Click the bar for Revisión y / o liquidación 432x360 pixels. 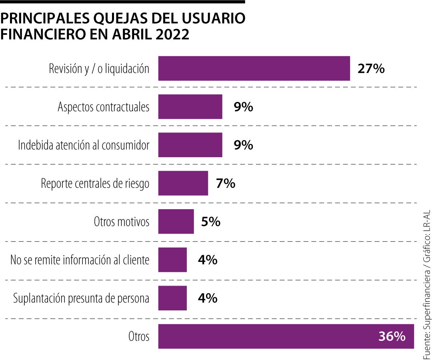tap(254, 68)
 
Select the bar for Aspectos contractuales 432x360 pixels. tap(190, 107)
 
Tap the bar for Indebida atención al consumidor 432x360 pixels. tap(190, 145)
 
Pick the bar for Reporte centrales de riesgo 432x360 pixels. tap(183, 183)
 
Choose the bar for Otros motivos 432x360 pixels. tap(176, 222)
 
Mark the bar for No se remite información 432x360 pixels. tap(172, 260)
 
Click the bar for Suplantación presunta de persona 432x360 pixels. tap(172, 298)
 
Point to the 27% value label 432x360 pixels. tap(371, 69)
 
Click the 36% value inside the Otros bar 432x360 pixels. tap(392, 336)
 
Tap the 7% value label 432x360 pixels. tap(225, 184)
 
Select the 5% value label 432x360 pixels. tap(211, 222)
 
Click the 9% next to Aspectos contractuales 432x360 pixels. tap(243, 107)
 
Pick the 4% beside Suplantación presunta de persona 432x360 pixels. tap(208, 298)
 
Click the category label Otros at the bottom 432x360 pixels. tap(139, 336)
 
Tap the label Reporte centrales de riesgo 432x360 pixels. tap(95, 184)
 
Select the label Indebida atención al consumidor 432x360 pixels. tap(84, 145)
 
